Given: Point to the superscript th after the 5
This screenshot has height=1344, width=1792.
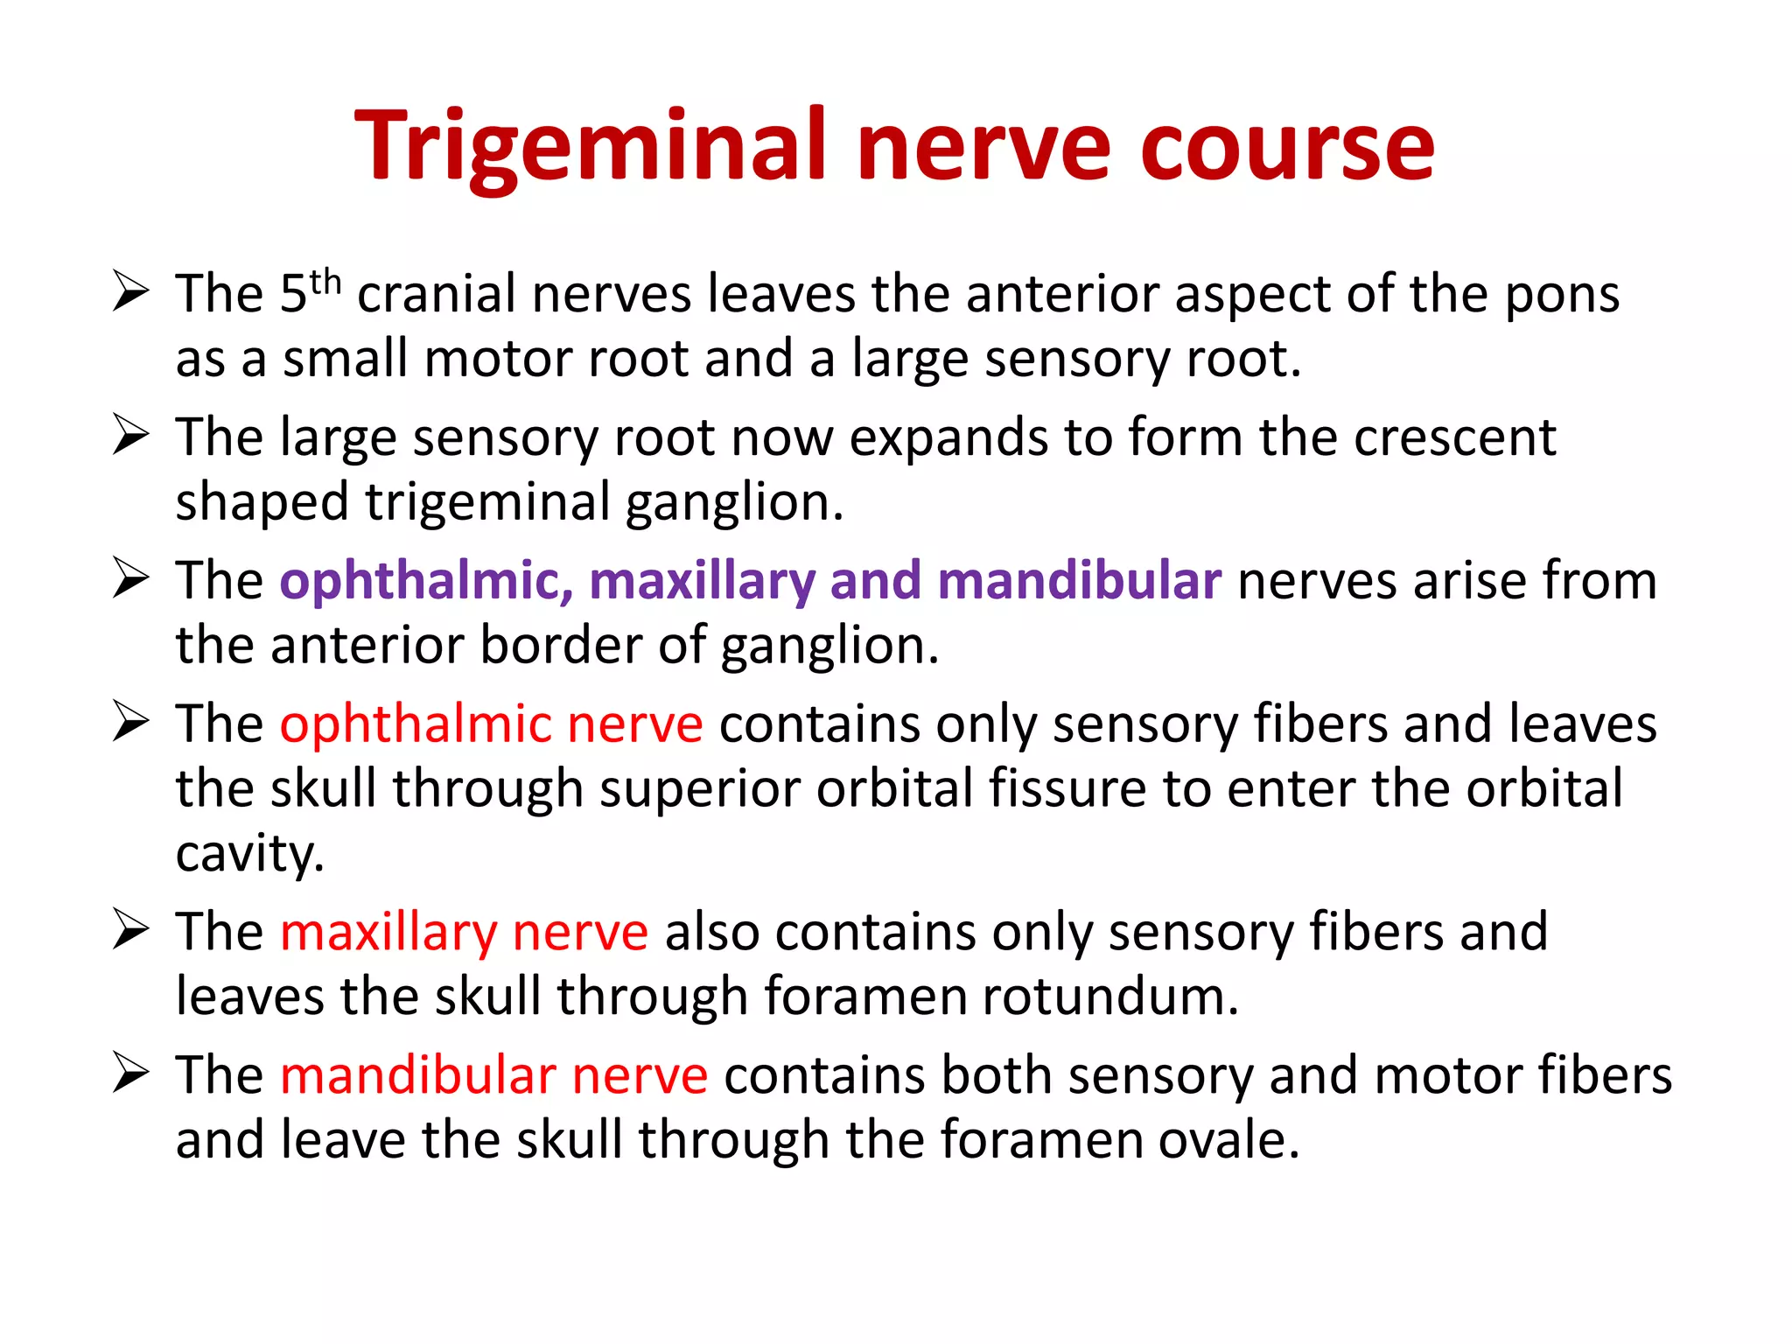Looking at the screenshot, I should click(x=325, y=283).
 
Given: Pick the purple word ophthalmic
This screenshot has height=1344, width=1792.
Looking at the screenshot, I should click(x=426, y=582).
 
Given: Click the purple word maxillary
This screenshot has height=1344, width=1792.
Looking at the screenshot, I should click(x=702, y=582).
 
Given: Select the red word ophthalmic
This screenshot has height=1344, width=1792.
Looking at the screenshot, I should click(x=416, y=725).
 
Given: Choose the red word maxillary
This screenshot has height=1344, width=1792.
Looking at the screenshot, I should click(x=388, y=932).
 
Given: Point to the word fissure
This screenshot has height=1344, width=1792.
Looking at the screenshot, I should click(x=1067, y=788).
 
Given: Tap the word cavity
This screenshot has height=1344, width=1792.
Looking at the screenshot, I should click(x=249, y=854).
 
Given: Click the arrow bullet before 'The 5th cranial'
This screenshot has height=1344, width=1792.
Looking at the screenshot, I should click(x=131, y=292).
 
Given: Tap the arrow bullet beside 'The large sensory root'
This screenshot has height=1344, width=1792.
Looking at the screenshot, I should click(x=131, y=436).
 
